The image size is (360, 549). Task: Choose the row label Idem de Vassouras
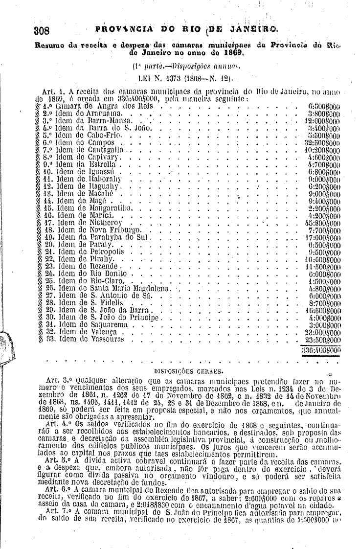click(91, 339)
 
